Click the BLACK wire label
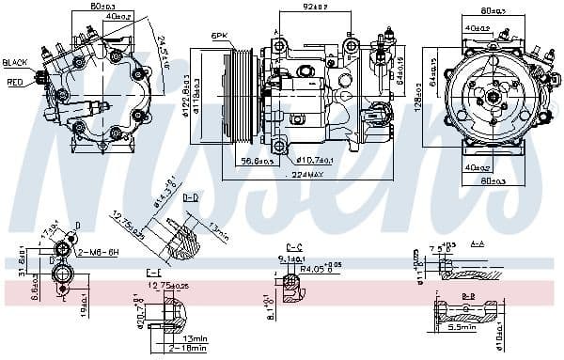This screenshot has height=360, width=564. (x=16, y=62)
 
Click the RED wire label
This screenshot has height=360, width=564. (x=15, y=82)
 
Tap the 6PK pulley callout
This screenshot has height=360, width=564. (x=220, y=36)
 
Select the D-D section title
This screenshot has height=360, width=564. (x=191, y=198)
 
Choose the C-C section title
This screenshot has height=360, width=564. (x=293, y=246)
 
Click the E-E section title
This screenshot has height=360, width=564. (x=154, y=272)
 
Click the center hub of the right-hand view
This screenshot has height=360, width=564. (x=492, y=96)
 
